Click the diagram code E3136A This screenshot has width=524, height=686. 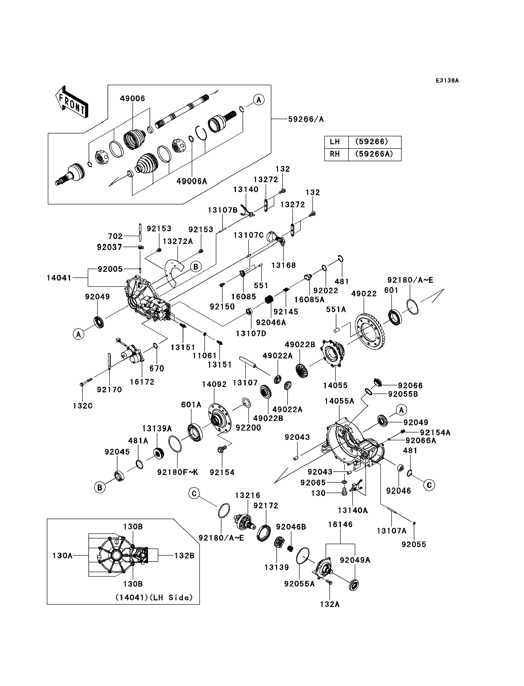[x=447, y=80]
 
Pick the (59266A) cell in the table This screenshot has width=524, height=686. [x=374, y=154]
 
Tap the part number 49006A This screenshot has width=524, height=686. [x=192, y=181]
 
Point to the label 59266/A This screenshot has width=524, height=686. [x=306, y=119]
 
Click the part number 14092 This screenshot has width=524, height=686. [x=214, y=384]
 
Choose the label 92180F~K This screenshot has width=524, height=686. [x=178, y=472]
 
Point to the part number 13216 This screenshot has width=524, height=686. [x=247, y=495]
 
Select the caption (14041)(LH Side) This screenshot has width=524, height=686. [x=154, y=597]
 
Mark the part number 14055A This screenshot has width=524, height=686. [x=339, y=401]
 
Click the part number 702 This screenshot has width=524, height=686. [x=115, y=236]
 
